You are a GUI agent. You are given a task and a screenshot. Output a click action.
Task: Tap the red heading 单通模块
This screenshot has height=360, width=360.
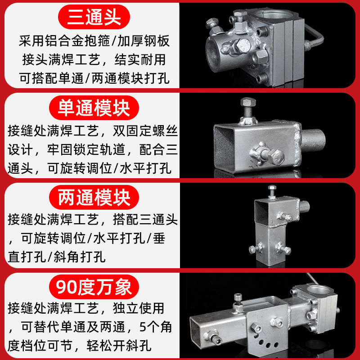94,108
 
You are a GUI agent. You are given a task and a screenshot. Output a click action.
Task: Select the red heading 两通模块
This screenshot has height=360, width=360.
94,198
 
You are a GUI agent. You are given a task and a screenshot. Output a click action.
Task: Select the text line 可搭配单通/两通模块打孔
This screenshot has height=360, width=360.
94,78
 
